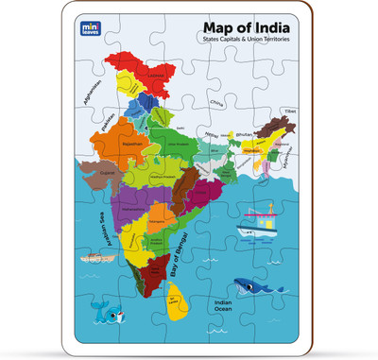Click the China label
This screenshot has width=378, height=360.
(x=216, y=101)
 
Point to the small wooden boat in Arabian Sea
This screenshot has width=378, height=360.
(x=92, y=256)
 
